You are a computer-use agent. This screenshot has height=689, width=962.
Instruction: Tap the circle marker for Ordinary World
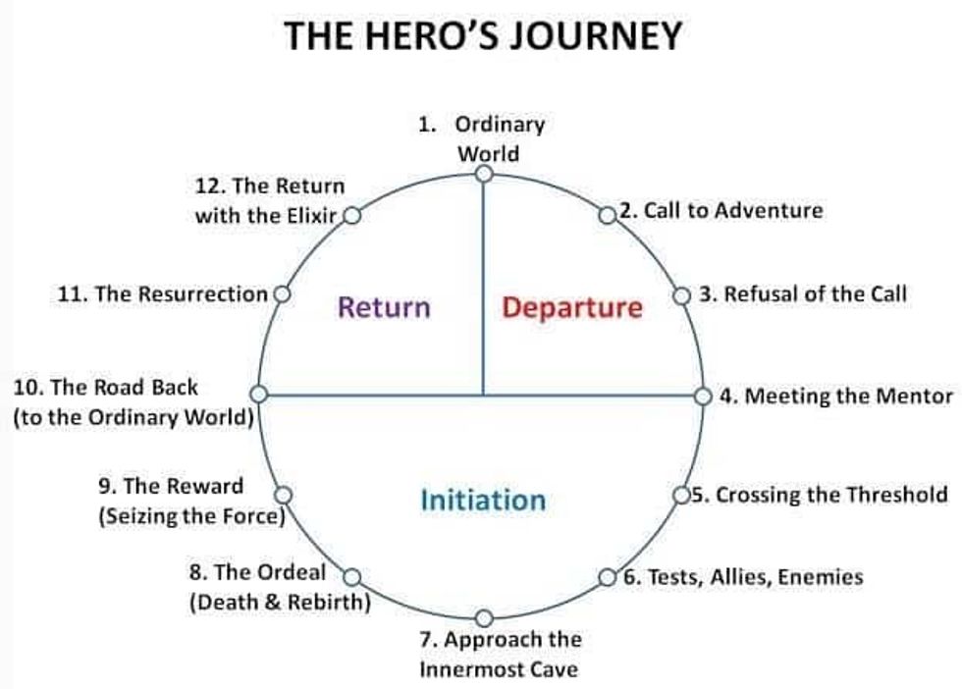coord(483,174)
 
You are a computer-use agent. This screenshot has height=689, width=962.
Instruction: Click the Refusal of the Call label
coord(803,293)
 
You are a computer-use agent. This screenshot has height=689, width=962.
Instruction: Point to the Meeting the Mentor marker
coord(703,397)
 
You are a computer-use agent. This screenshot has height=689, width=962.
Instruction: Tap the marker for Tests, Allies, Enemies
coord(608,576)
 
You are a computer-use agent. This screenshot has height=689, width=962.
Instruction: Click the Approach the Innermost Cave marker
coord(483,617)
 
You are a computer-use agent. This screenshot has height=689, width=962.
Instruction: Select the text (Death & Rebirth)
coord(280,602)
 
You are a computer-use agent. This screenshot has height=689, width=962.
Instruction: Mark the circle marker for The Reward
coord(283,495)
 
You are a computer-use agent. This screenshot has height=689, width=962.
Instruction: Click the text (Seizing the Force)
coord(191,515)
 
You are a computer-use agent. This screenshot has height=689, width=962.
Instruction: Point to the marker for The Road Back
coord(259,394)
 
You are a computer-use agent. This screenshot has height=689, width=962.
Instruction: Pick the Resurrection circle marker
coord(282,293)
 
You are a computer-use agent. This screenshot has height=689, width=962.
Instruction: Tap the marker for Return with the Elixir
coord(351,215)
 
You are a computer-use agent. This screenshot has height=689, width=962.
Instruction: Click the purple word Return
coord(384,307)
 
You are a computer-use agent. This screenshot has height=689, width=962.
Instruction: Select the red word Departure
coord(572,308)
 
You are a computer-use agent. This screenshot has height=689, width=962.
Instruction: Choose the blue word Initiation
coord(483,501)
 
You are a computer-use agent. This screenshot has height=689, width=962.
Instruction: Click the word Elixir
coord(307,216)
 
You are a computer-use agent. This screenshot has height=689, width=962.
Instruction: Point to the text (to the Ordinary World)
coord(134,417)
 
